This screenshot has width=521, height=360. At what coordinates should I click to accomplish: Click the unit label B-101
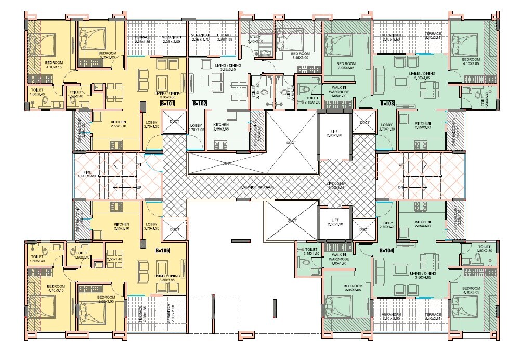167,104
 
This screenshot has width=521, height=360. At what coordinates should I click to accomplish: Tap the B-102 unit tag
200,104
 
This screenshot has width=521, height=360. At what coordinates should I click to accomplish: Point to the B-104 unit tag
386,251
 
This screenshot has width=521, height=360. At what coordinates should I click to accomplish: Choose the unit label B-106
163,251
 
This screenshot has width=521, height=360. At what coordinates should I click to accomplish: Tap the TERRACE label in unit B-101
142,38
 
